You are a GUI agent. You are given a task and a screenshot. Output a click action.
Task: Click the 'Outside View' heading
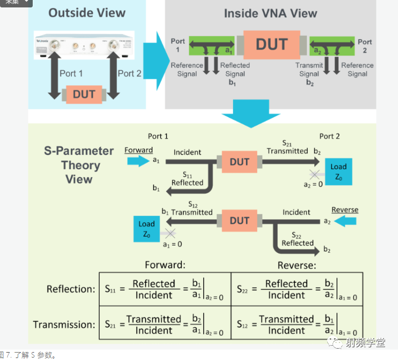(x=87, y=12)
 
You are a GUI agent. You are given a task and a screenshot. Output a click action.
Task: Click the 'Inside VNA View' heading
(x=270, y=13)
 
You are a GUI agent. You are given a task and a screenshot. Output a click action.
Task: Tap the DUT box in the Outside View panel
(x=84, y=94)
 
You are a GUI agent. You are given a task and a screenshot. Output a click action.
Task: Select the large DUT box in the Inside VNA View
(x=271, y=45)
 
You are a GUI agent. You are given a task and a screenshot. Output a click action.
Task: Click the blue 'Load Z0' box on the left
(x=146, y=229)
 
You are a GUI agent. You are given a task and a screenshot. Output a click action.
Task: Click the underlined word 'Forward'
(x=138, y=150)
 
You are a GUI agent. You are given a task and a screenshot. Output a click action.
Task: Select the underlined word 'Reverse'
(x=344, y=209)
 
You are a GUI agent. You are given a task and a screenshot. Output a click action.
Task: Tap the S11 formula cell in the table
(x=165, y=289)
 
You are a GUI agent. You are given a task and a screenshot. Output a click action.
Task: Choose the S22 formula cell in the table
(x=297, y=289)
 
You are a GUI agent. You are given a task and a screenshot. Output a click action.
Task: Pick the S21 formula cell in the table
(x=165, y=324)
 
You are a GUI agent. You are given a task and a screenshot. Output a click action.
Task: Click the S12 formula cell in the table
(x=297, y=324)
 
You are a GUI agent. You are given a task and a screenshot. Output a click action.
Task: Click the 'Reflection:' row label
(x=70, y=289)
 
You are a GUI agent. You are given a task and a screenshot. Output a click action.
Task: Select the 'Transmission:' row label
(x=64, y=325)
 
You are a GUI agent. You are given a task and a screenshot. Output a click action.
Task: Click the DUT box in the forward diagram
(x=239, y=162)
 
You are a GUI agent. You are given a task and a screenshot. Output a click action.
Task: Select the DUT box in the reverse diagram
(x=239, y=221)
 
